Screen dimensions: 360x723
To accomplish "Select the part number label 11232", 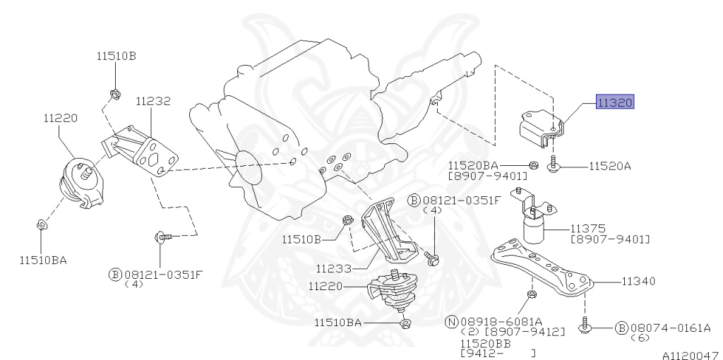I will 153,102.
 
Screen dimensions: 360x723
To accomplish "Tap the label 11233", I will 333,268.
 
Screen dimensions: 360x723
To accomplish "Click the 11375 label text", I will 589,229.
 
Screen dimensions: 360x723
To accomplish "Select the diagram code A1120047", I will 691,356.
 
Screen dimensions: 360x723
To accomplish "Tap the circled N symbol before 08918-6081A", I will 452,322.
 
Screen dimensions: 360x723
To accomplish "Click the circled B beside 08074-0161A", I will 621,328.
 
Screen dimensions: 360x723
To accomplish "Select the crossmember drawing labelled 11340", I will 544,268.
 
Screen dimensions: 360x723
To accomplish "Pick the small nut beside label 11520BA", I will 535,167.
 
